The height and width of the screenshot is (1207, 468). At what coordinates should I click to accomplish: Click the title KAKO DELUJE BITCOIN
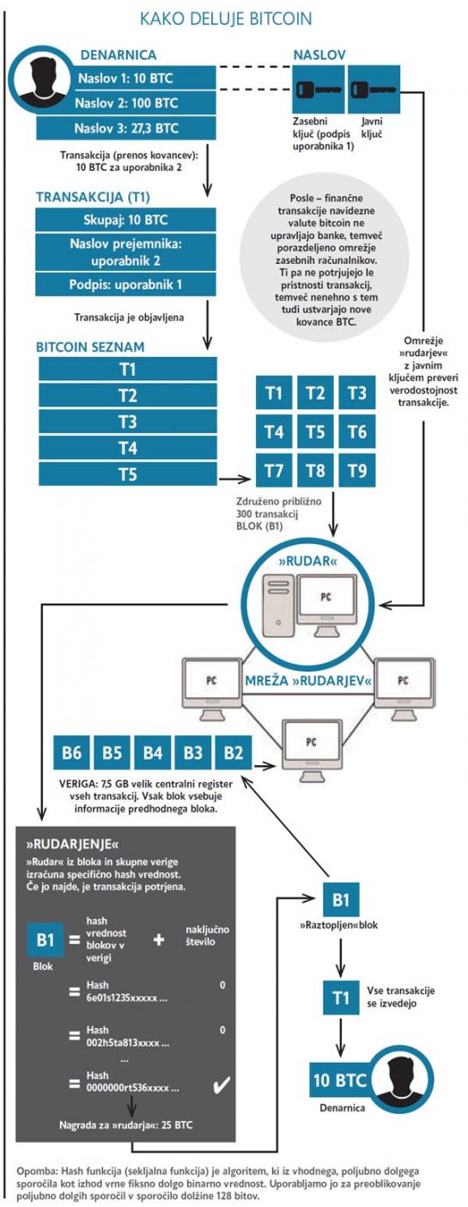[x=226, y=20]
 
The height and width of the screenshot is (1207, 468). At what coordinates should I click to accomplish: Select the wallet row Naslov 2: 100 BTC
[x=126, y=103]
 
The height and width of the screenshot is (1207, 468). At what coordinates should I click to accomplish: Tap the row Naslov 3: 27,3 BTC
[x=126, y=128]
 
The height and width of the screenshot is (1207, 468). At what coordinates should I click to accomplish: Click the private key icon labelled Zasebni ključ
[x=319, y=89]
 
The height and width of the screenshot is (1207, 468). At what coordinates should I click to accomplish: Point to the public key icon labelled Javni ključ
[x=374, y=89]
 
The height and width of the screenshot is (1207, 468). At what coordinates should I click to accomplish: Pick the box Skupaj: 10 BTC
[x=126, y=220]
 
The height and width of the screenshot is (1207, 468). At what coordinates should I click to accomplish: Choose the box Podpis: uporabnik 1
[x=126, y=285]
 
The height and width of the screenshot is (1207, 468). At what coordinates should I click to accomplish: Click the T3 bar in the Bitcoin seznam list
[x=128, y=421]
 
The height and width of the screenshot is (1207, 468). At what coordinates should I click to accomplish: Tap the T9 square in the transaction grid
[x=357, y=471]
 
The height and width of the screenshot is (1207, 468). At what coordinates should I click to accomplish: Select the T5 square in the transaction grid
[x=316, y=432]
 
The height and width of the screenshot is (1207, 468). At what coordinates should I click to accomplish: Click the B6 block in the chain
[x=71, y=752]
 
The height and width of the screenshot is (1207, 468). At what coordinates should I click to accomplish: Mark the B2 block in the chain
[x=234, y=752]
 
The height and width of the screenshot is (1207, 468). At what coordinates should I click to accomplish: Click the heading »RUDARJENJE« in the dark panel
[x=73, y=844]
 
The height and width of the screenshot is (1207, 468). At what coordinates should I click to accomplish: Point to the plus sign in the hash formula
[x=159, y=940]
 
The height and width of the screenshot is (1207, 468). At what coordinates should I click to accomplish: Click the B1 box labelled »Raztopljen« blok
[x=341, y=900]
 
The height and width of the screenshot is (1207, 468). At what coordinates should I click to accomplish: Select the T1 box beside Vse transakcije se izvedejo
[x=341, y=998]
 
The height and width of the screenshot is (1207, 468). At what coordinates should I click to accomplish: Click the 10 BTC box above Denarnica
[x=339, y=1080]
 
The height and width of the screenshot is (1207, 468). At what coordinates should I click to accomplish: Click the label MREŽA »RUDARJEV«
[x=308, y=681]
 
